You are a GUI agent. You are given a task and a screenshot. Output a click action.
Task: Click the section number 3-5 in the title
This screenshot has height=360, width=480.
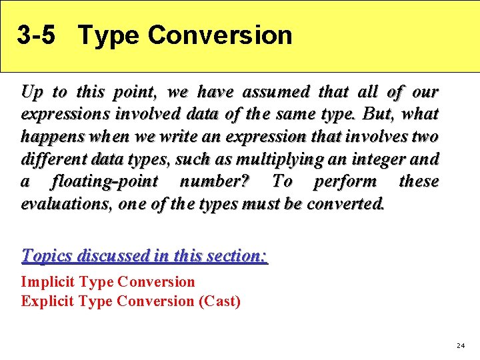[x=36, y=35]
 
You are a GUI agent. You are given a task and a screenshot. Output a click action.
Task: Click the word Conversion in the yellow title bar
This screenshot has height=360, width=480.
[x=220, y=35]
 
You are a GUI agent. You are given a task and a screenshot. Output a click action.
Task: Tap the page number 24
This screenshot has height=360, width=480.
[x=460, y=345]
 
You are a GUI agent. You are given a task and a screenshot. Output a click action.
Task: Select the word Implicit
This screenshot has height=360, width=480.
[x=49, y=282]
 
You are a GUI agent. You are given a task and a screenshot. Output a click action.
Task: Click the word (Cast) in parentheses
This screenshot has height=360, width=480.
[x=219, y=301]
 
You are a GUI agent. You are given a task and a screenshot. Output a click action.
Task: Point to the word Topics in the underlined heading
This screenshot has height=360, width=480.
[x=47, y=255]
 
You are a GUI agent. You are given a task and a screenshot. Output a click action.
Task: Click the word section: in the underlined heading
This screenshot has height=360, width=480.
[x=231, y=255]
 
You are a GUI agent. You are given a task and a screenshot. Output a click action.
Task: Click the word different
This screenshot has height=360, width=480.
[x=52, y=159]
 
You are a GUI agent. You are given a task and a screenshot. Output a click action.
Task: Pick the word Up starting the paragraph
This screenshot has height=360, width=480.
[x=31, y=91]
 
